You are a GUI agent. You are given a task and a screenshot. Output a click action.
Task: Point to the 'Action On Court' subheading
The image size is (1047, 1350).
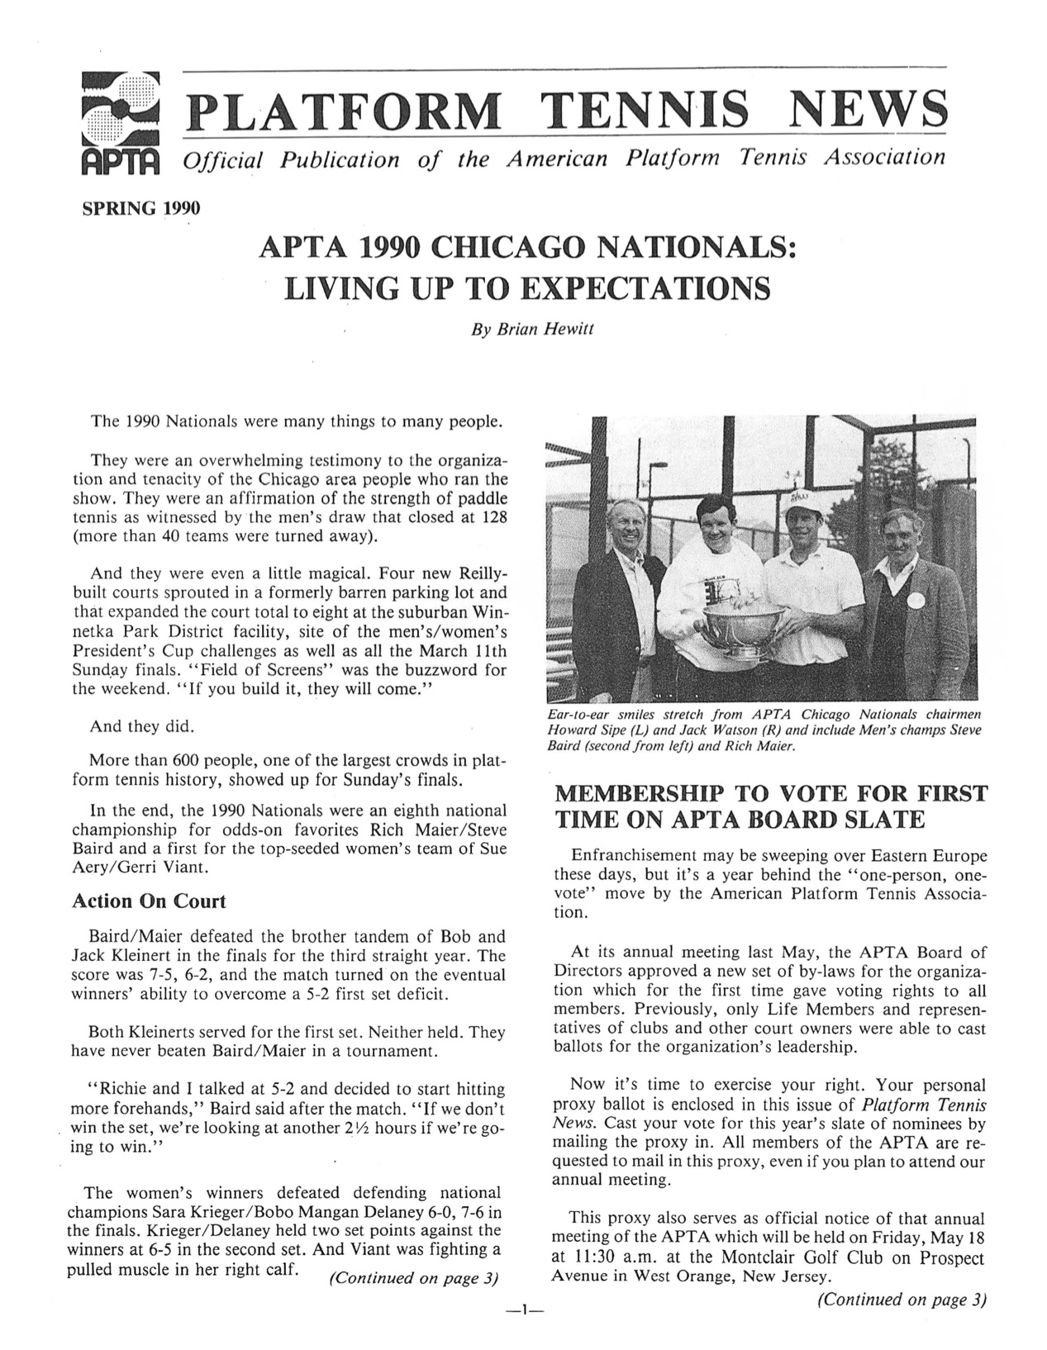[x=149, y=901]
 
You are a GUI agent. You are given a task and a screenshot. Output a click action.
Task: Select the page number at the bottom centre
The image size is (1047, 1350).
[x=524, y=1310]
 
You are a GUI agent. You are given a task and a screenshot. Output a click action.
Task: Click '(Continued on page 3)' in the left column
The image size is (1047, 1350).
[x=414, y=1278]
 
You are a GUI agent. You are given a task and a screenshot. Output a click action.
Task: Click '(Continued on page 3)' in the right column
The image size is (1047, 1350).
[x=902, y=1300]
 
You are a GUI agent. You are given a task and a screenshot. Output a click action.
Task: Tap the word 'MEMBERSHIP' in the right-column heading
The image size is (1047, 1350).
[x=637, y=795]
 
